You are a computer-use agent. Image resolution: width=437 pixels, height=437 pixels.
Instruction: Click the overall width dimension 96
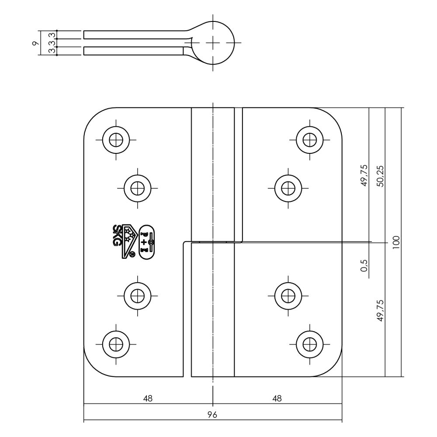(212, 415)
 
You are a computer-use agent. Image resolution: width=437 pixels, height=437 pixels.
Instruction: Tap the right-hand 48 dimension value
(277, 398)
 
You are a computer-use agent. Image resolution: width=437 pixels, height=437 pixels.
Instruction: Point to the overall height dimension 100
(396, 242)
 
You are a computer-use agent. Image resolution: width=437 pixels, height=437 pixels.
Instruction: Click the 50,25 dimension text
(380, 176)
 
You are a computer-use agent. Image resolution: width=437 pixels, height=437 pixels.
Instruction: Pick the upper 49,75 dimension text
(364, 176)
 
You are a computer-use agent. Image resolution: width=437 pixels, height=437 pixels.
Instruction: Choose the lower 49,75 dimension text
(380, 311)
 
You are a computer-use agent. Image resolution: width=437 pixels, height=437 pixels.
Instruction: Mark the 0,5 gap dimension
(364, 265)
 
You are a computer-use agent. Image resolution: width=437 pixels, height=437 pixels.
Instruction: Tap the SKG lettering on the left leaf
(118, 235)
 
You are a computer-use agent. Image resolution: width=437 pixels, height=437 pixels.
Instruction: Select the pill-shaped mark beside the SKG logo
(146, 241)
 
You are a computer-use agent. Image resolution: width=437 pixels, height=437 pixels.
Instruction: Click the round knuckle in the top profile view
(213, 43)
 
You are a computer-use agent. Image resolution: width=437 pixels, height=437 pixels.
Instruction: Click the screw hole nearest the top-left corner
(116, 140)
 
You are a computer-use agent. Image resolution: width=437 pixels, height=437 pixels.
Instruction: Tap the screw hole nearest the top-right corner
(310, 140)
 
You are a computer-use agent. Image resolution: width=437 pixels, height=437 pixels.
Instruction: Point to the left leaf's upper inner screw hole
(138, 188)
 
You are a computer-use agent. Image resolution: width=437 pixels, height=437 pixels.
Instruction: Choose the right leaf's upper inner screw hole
(288, 188)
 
